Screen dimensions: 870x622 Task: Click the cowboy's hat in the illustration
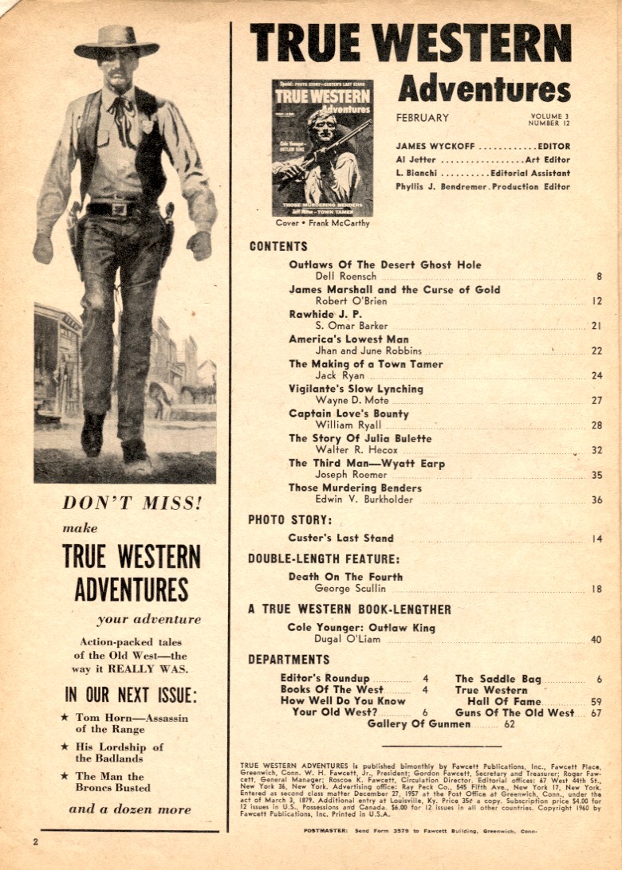pos(116,42)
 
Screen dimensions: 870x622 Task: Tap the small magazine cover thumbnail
pos(321,148)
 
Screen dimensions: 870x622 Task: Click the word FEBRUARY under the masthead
pos(422,118)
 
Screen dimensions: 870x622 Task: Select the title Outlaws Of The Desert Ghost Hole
pos(384,265)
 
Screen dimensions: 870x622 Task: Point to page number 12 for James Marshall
pos(596,301)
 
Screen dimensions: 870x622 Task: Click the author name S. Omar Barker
pos(351,326)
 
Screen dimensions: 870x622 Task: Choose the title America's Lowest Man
pos(348,339)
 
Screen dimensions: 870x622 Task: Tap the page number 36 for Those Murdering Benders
pos(596,500)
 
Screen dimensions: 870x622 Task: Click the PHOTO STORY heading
pos(289,520)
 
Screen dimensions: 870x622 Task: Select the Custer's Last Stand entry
pos(341,538)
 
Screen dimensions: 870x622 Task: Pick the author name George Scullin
pos(350,589)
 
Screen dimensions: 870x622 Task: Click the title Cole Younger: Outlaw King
pos(361,628)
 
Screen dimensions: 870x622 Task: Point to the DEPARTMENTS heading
pos(289,660)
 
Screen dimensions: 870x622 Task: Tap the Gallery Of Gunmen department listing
pos(419,724)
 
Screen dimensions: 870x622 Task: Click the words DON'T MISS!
pos(132,503)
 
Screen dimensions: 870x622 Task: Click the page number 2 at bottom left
pos(36,841)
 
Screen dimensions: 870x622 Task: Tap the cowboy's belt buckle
pos(121,210)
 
